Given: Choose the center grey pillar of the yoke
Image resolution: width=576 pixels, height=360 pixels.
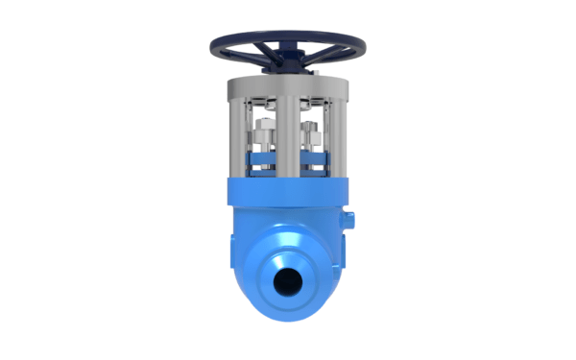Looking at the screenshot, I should [288, 134].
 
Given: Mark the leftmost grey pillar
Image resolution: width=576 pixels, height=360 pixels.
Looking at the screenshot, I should [236, 134].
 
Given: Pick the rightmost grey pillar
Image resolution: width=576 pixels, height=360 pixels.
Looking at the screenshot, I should [340, 134].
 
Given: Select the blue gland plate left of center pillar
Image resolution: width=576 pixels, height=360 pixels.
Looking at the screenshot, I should [261, 158].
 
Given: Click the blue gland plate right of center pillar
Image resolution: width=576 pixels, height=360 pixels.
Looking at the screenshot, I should [315, 158].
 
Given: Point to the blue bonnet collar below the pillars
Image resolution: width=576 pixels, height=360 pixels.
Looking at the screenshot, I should [288, 192].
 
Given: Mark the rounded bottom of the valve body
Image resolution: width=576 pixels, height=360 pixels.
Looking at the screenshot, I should [288, 322].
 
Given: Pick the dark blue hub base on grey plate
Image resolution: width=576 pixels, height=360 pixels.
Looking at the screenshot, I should [288, 72].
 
